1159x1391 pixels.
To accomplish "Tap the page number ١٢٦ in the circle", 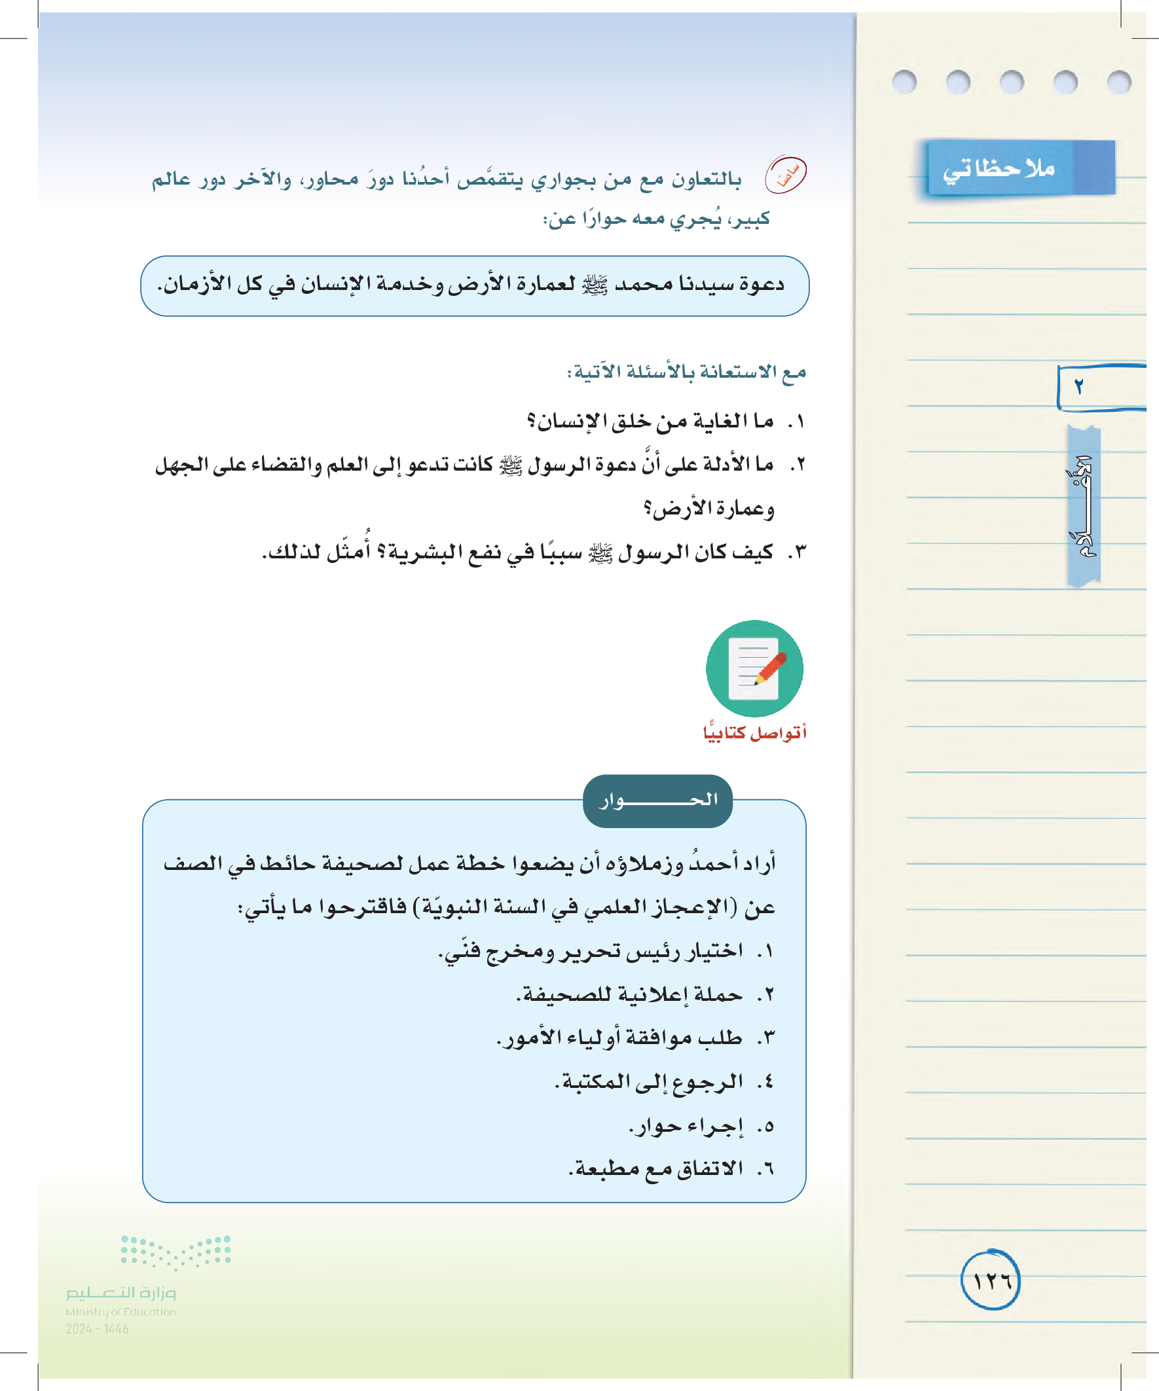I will click(x=990, y=1280).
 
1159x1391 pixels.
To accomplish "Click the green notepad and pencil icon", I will click(x=754, y=668).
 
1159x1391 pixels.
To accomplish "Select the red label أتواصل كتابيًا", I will click(x=754, y=732).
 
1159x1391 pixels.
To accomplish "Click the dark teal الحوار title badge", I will click(x=657, y=800).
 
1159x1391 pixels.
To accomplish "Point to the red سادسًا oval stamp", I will click(x=785, y=175).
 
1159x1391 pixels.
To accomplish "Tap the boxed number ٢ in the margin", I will click(x=1078, y=387).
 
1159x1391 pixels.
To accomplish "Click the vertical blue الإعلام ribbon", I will click(x=1084, y=507).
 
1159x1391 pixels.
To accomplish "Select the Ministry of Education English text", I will click(x=120, y=1312).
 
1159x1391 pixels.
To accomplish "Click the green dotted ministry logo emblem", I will click(x=175, y=1251).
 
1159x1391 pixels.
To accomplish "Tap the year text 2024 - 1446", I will click(x=97, y=1329).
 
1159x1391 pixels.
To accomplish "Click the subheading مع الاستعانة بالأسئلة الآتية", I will click(x=686, y=372).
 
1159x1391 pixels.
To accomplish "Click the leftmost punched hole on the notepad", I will click(x=904, y=82).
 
